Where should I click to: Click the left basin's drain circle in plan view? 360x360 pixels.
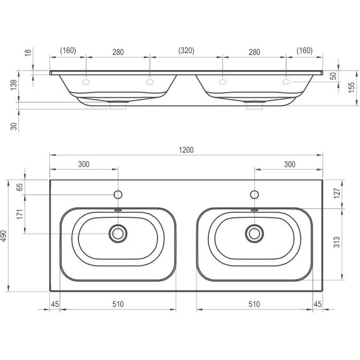pos(117,233)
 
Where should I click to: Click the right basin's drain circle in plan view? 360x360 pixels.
pos(255,233)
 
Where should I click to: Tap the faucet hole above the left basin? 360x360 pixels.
pos(117,194)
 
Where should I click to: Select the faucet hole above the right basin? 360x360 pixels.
pos(255,194)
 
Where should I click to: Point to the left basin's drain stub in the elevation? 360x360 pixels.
pos(117,105)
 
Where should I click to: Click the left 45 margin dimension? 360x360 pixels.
pos(55,304)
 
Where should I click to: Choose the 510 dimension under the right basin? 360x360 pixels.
pos(254,304)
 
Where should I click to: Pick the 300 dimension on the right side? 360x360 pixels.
pos(289,164)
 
